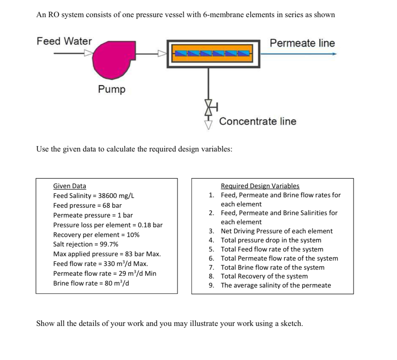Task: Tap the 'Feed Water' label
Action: [x=64, y=41]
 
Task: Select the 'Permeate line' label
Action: [x=302, y=43]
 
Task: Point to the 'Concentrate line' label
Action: [x=258, y=121]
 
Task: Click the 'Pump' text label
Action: [x=111, y=89]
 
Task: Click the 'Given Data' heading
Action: [x=70, y=186]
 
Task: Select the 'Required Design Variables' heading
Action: [x=260, y=186]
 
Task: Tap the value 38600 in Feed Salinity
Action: [x=107, y=196]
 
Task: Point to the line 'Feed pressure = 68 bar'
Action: [x=88, y=205]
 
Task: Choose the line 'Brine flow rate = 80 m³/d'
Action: [x=91, y=283]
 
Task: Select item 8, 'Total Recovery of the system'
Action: [x=264, y=276]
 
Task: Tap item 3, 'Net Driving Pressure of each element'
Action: [x=276, y=231]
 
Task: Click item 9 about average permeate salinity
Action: [x=276, y=286]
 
